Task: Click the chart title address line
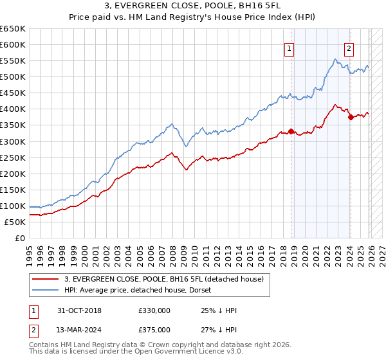click(193, 7)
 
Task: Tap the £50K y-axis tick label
click(15, 222)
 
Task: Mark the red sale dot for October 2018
click(291, 131)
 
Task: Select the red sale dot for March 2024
click(350, 117)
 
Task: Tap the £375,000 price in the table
click(154, 329)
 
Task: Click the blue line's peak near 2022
click(335, 59)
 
